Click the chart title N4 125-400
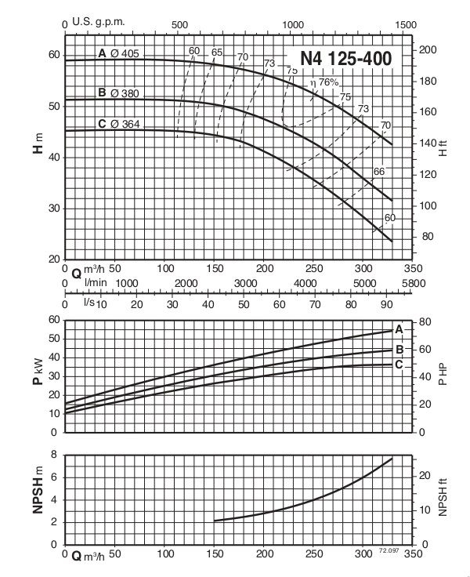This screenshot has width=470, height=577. [x=344, y=59]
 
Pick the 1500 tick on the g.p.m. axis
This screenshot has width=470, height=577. [x=404, y=25]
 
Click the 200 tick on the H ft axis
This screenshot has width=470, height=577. [x=428, y=50]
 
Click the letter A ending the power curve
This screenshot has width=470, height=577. [x=399, y=329]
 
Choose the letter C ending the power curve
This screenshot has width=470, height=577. [x=399, y=364]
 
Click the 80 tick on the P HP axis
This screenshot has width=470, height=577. [x=425, y=321]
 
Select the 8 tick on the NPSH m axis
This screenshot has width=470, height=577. [x=54, y=455]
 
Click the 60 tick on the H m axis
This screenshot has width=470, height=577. [x=52, y=54]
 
